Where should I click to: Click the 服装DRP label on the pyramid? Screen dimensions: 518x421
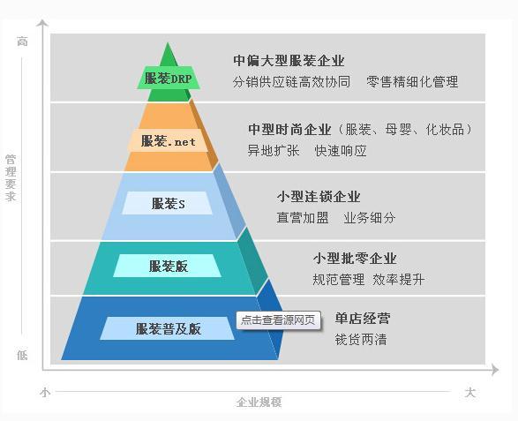click(x=169, y=78)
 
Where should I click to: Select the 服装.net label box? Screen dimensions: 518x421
click(x=169, y=140)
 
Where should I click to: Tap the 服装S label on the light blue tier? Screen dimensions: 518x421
click(x=168, y=203)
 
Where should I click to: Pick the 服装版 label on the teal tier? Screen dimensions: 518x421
click(x=168, y=266)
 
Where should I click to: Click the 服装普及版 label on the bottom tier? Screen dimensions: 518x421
click(x=168, y=328)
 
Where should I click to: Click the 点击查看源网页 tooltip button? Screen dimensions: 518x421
click(x=278, y=320)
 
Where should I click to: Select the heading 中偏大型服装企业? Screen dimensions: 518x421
click(x=289, y=61)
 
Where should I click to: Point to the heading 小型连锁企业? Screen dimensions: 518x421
click(x=319, y=197)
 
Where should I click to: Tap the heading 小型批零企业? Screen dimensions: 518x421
click(x=355, y=258)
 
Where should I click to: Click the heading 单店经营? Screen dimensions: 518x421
click(x=363, y=319)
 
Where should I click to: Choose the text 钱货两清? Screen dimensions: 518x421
click(x=361, y=340)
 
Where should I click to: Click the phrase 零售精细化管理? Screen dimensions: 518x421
click(x=412, y=81)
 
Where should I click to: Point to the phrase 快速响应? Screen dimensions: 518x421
click(x=341, y=151)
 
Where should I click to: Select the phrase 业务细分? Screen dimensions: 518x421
click(x=370, y=218)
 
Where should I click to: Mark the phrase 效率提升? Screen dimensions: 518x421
click(x=398, y=280)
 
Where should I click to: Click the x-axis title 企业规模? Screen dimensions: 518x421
click(x=259, y=402)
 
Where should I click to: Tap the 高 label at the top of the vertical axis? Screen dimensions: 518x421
click(x=22, y=41)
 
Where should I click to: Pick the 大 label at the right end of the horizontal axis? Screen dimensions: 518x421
click(x=470, y=393)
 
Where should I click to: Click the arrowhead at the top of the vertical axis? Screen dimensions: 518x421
click(x=42, y=22)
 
